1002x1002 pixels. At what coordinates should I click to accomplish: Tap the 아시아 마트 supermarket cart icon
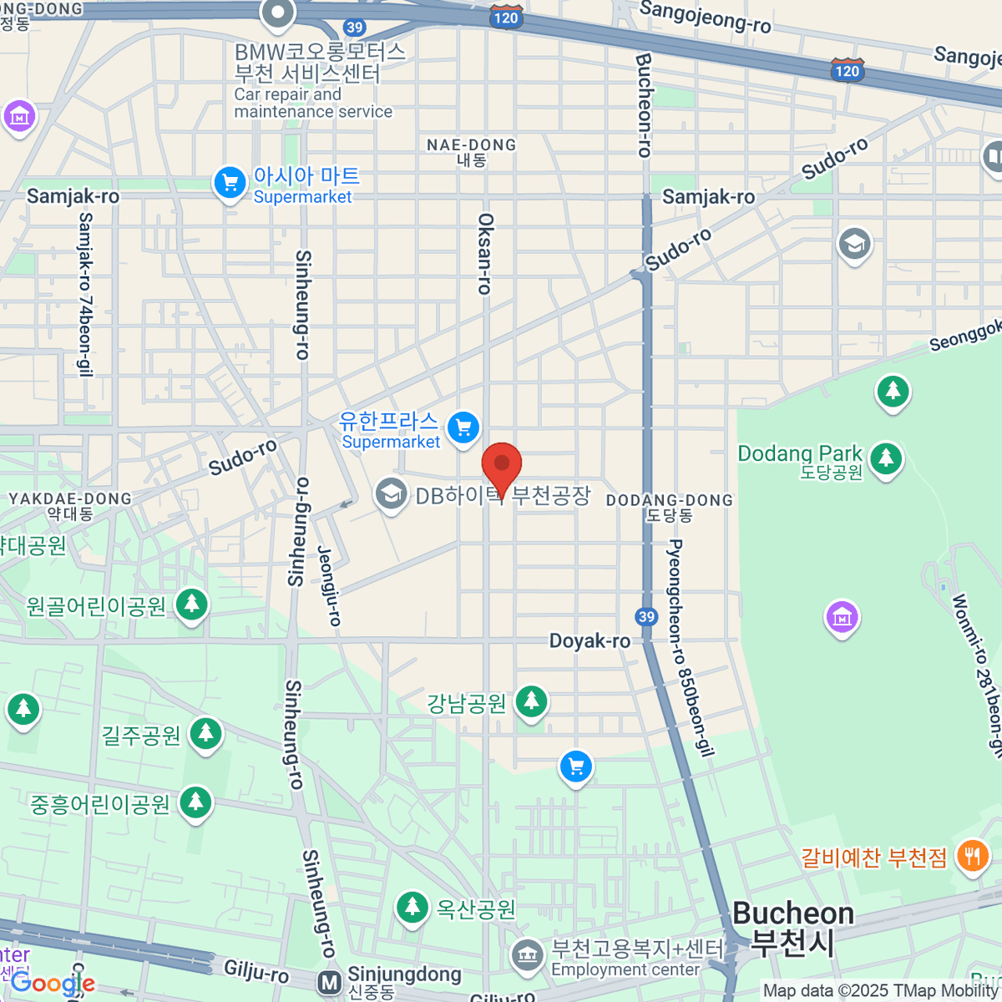pos(229,182)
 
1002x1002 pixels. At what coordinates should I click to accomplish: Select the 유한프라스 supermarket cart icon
pos(463,428)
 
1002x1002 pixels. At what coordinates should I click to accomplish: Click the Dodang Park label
pos(799,453)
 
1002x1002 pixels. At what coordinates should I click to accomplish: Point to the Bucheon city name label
pos(792,927)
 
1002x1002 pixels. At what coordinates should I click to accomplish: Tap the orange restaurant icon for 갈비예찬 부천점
pos(972,857)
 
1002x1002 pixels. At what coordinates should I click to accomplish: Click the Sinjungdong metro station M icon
pos(330,982)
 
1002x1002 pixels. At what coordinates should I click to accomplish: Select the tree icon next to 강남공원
pos(531,701)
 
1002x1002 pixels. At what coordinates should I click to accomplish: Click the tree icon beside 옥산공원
pos(411,907)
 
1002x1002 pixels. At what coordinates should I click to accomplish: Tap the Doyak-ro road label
pos(590,641)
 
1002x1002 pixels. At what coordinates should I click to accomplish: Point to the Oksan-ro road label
pos(485,253)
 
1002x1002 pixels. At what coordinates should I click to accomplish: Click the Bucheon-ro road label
pos(643,105)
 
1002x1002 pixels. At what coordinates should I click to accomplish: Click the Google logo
pos(52,983)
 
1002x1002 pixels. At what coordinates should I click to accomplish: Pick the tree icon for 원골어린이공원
pos(192,605)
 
